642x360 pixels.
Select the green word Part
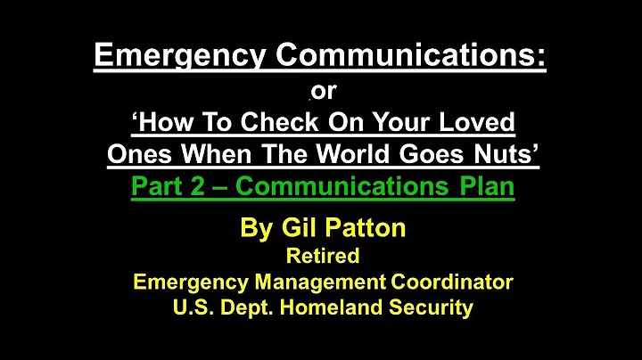point(157,187)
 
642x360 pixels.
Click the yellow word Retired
point(323,257)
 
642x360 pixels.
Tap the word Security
point(434,309)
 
